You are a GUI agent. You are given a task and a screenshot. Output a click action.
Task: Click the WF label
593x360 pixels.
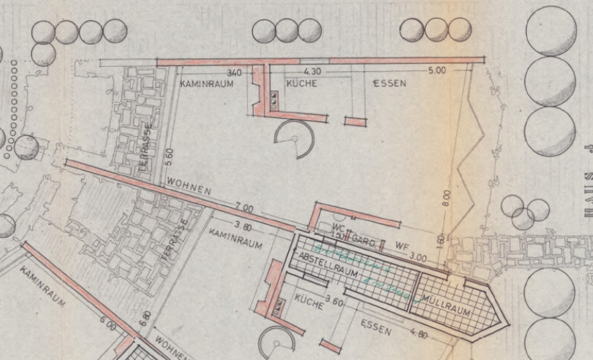(401, 246)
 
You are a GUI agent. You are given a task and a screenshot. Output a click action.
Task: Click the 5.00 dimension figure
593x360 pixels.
(436, 70)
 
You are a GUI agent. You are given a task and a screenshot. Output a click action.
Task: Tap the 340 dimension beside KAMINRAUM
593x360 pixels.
(234, 73)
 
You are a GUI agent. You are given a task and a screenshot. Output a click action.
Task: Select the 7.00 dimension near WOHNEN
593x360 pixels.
(244, 208)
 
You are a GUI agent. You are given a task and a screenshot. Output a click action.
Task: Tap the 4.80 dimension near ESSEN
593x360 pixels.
(418, 335)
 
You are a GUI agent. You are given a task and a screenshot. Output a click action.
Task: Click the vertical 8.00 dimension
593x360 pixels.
(448, 197)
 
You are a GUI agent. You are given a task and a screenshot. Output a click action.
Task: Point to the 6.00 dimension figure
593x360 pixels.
(108, 326)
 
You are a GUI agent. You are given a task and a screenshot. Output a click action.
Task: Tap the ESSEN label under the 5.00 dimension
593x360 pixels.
(390, 83)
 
